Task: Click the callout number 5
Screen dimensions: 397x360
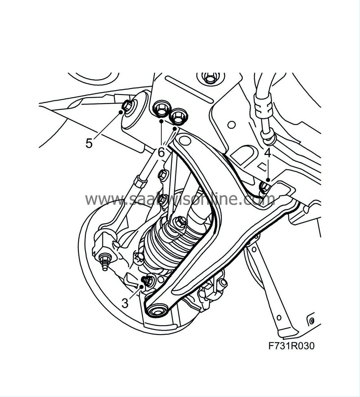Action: coord(89,143)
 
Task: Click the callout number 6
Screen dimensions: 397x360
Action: coord(161,153)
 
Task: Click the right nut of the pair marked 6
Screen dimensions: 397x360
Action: coord(177,116)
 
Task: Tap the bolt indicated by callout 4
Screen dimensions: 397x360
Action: coord(265,187)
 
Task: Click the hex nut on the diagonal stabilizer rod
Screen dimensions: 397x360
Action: coord(140,182)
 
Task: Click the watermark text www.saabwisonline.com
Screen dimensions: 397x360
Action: coord(180,198)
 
